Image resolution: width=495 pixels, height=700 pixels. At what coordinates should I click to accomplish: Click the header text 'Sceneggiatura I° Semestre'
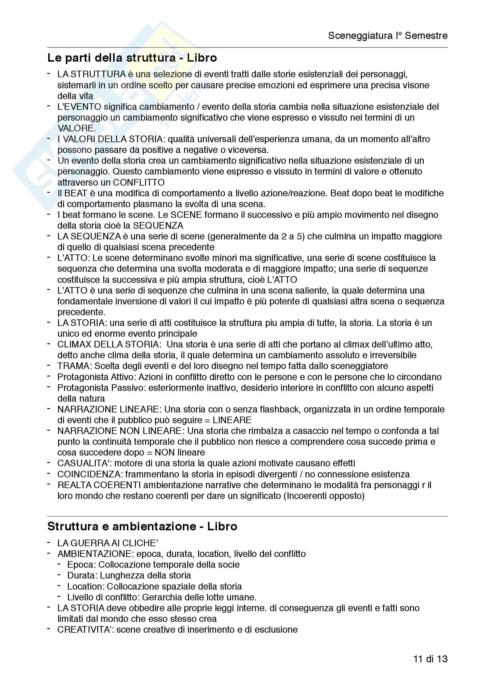tap(387, 36)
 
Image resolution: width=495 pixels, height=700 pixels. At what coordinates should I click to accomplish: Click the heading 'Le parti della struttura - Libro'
tap(132, 58)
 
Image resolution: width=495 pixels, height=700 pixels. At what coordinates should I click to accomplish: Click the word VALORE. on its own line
tap(76, 128)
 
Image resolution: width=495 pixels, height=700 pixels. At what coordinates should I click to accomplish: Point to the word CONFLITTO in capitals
tap(139, 182)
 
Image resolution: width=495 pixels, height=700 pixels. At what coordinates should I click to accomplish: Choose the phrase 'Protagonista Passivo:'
tap(99, 388)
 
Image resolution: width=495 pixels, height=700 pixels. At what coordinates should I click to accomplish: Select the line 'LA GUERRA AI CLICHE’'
tap(108, 543)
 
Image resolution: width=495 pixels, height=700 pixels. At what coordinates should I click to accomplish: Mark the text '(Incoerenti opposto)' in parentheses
tap(324, 496)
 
